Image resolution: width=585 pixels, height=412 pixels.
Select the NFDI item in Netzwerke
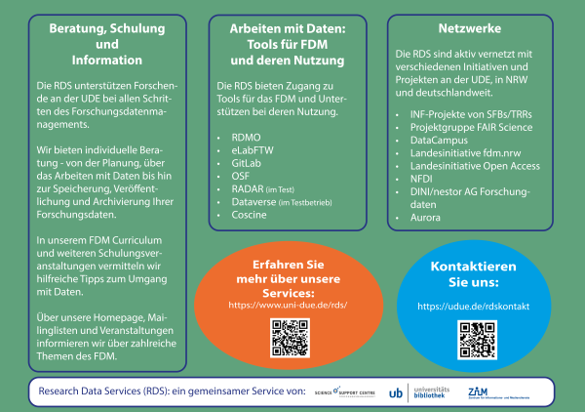(421, 180)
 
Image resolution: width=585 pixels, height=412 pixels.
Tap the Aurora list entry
(425, 218)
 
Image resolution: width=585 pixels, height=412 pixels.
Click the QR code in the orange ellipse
(289, 338)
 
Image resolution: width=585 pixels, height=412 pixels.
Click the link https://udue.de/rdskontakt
(473, 307)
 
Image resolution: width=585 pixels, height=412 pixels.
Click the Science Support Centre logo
(343, 392)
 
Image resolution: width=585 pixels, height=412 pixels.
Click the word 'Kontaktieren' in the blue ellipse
(473, 267)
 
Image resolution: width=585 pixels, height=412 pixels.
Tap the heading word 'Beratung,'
(82, 30)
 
